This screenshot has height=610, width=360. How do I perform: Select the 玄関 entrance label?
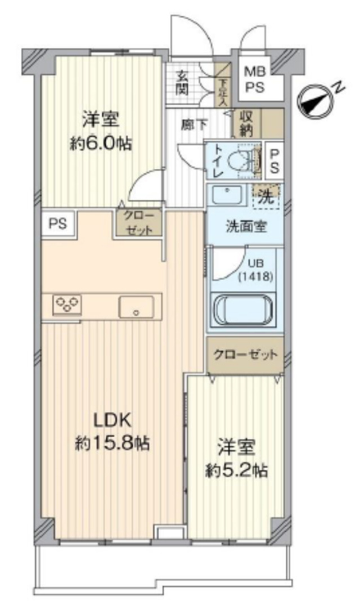[x=183, y=82]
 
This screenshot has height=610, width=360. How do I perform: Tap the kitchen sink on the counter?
[x=136, y=307]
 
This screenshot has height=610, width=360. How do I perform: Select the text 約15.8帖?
[x=112, y=443]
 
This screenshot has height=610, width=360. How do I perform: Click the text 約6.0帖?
[x=101, y=144]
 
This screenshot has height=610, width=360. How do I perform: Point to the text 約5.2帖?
[x=236, y=470]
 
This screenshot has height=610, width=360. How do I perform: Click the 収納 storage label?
[x=245, y=123]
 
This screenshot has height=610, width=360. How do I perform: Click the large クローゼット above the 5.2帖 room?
[x=245, y=355]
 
